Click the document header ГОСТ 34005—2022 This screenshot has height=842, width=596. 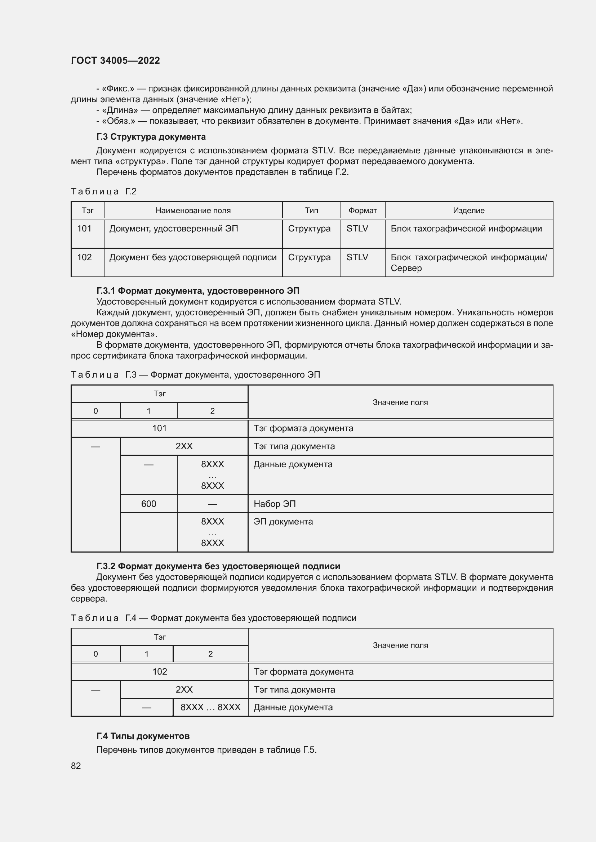coord(115,60)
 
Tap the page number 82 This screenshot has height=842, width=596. coord(76,766)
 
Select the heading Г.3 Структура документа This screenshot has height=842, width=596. coord(151,137)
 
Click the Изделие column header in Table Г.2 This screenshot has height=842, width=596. coord(469,211)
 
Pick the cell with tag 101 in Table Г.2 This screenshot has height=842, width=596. coord(84,229)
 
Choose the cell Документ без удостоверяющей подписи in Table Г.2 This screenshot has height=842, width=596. coord(193,257)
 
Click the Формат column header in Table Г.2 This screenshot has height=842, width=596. coord(362,211)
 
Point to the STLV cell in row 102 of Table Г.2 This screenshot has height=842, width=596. coord(357,257)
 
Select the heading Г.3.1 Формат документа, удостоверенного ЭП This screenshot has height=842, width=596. coord(198,291)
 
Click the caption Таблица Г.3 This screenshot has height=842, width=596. coord(195,375)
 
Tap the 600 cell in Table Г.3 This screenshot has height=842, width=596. coord(148,504)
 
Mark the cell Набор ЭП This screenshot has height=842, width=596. coord(275,504)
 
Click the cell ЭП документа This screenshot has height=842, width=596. coord(283,522)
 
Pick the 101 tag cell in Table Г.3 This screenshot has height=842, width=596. coord(159,428)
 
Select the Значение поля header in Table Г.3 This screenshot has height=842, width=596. coord(400,402)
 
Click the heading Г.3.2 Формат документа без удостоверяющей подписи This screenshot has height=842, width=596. coord(218,566)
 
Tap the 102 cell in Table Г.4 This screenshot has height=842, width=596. coord(159,671)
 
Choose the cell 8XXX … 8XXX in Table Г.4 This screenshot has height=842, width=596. coord(210,707)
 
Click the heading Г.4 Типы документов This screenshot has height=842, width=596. coord(143,736)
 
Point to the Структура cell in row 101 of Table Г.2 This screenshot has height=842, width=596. coord(309,229)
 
